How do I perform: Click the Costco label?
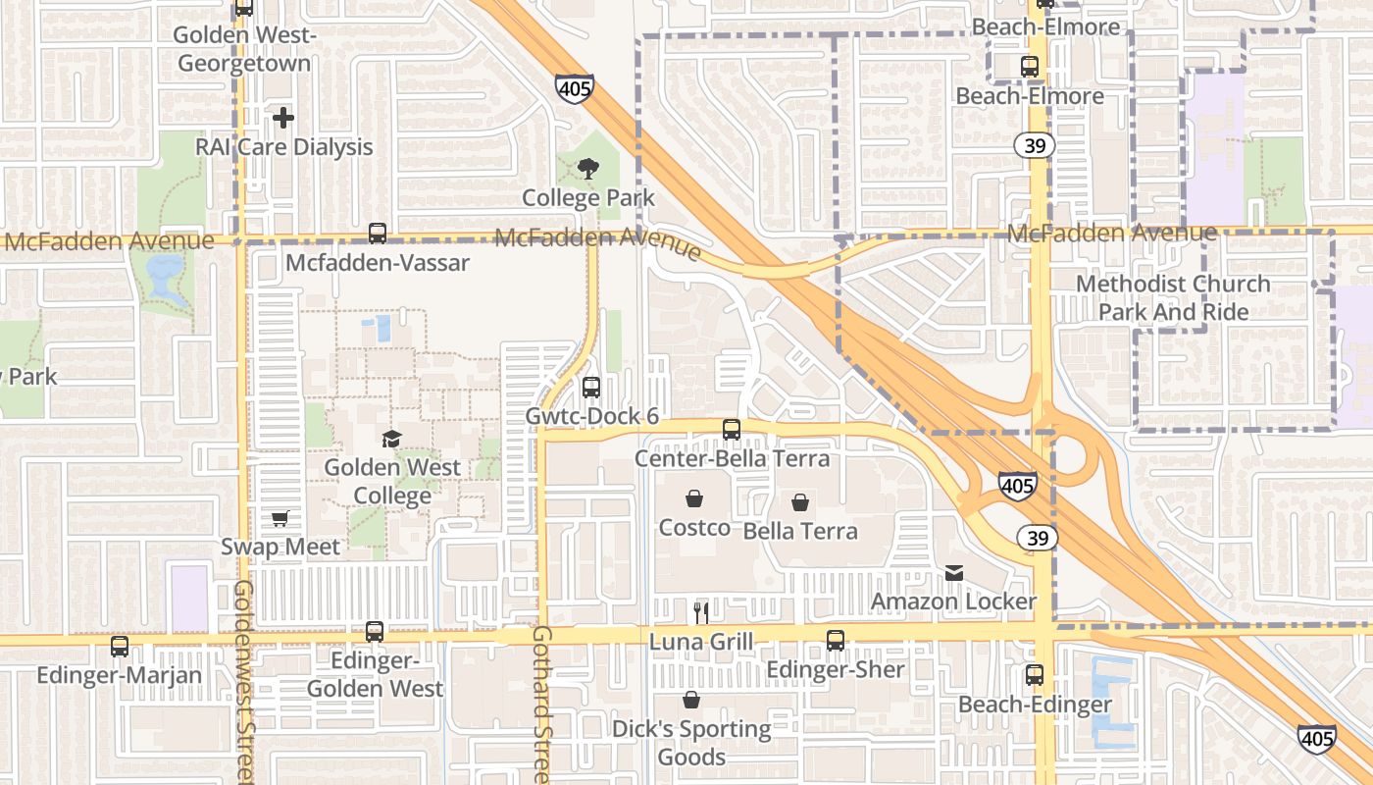click(x=694, y=527)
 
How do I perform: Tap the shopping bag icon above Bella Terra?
click(x=800, y=502)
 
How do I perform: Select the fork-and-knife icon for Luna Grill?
click(x=701, y=613)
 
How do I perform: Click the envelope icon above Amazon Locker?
click(x=954, y=572)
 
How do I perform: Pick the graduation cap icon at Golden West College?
click(x=392, y=439)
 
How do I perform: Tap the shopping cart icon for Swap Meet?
click(x=280, y=518)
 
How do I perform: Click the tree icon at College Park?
click(x=587, y=169)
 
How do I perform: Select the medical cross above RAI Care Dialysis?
click(x=283, y=118)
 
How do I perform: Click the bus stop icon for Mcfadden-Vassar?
click(x=378, y=234)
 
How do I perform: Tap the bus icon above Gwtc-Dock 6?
click(x=590, y=387)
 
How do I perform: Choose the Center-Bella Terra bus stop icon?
click(x=732, y=430)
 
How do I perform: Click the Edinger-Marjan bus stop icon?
click(x=120, y=647)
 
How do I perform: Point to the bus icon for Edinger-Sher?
click(x=836, y=641)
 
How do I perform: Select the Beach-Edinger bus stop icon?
click(x=1035, y=675)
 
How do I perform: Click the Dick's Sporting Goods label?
click(x=691, y=742)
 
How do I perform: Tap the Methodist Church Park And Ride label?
click(x=1173, y=297)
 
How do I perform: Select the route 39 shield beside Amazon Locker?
click(x=1037, y=538)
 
